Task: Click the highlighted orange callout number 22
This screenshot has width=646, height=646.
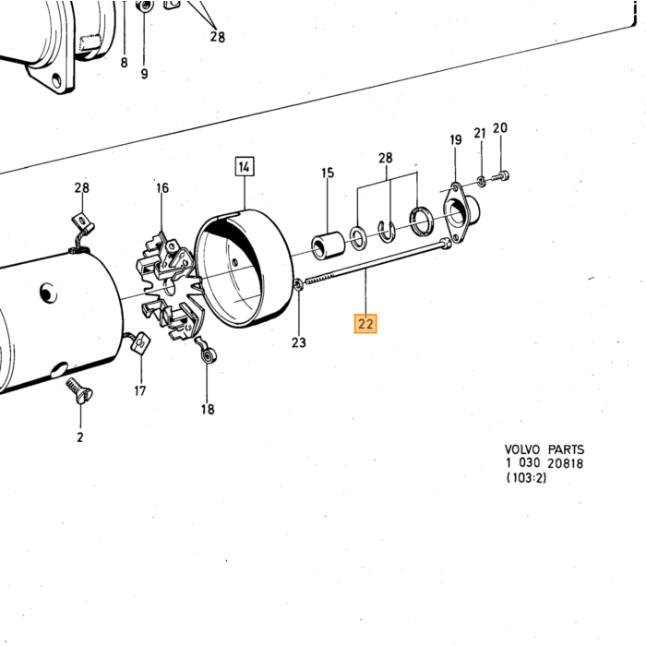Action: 365,323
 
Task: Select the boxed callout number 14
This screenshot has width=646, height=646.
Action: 245,166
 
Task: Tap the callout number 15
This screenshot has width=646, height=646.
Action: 328,173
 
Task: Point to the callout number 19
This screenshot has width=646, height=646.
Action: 456,139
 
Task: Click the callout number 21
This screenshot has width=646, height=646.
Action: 480,133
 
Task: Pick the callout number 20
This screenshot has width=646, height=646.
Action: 500,127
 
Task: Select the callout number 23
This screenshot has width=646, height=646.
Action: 299,342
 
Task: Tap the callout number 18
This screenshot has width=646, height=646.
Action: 208,409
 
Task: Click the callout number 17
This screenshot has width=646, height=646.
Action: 140,390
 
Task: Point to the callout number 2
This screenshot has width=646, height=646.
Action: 80,437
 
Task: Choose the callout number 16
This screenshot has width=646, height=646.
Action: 162,188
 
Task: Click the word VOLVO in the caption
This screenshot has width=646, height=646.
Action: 522,449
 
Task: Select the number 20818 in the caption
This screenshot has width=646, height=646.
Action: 565,463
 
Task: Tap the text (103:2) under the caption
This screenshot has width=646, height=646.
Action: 527,477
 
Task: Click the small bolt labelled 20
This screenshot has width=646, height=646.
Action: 501,177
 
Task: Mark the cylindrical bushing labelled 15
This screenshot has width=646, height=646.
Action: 329,246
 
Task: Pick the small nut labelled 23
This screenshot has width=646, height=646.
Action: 298,284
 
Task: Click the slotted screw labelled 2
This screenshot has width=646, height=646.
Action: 79,390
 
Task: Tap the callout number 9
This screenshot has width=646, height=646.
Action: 144,74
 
